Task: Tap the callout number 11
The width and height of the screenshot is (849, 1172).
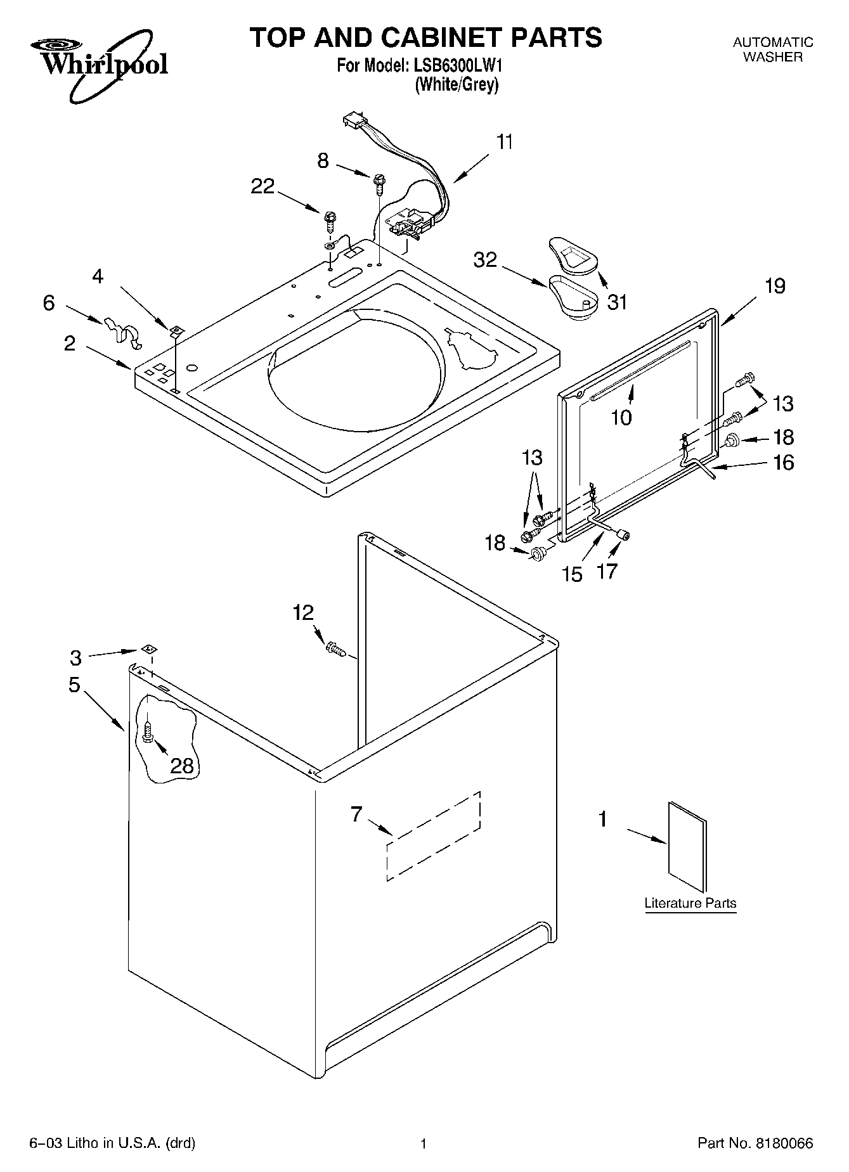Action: [x=504, y=142]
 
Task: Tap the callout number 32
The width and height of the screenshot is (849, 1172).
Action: [x=486, y=261]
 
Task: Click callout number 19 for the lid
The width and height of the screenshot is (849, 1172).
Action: [x=775, y=287]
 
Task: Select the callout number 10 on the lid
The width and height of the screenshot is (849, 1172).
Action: [x=621, y=418]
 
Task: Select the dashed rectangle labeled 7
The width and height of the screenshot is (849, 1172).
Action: [x=434, y=835]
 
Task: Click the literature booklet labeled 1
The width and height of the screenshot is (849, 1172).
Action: [x=687, y=846]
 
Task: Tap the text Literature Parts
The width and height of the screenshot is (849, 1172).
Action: [x=690, y=903]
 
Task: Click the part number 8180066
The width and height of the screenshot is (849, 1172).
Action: [x=784, y=1144]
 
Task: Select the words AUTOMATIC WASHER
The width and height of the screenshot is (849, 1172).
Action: [x=772, y=49]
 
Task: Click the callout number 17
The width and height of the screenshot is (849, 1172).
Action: [x=607, y=572]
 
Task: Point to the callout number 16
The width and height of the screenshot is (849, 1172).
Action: [x=784, y=463]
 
